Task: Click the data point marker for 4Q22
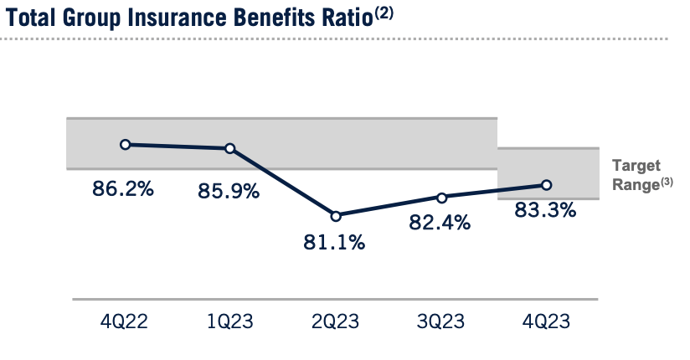point(125,144)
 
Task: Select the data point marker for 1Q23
point(230,148)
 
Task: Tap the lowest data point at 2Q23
point(336,216)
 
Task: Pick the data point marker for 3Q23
point(441,198)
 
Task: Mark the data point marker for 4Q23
point(546,185)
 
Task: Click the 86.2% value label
point(123,189)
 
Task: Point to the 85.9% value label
point(229,192)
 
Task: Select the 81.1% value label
point(335,243)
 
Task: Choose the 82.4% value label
point(440,224)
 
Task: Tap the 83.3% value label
point(545,211)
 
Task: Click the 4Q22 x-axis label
point(125,321)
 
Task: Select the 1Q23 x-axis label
point(230,321)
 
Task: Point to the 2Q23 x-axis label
point(336,321)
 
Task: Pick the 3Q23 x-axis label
point(441,321)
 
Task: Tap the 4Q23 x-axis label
point(546,321)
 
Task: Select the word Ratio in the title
point(340,19)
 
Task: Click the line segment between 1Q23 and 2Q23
point(283,182)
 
